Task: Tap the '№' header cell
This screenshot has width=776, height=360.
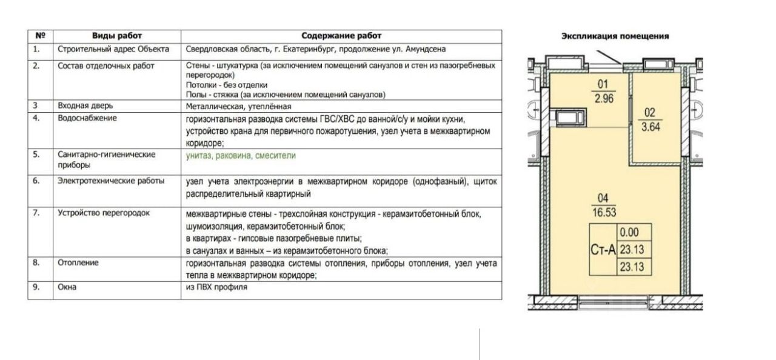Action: point(41,36)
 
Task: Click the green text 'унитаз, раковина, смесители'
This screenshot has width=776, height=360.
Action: point(241,156)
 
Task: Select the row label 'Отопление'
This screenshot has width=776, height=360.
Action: point(78,263)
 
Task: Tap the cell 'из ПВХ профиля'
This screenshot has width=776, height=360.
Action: point(217,287)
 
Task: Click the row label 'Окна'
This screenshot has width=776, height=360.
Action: point(67,287)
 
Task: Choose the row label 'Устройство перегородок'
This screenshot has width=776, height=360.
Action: point(103,213)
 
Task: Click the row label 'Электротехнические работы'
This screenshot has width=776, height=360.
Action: point(110,181)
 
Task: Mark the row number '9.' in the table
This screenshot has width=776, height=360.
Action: point(36,287)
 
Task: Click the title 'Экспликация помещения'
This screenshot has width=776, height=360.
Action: point(615,36)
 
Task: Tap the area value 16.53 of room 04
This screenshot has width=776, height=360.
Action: point(602,210)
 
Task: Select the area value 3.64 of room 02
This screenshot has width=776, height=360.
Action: point(649,126)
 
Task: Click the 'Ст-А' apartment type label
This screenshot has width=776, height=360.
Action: point(603,248)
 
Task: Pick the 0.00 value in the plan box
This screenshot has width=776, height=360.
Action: point(629,232)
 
